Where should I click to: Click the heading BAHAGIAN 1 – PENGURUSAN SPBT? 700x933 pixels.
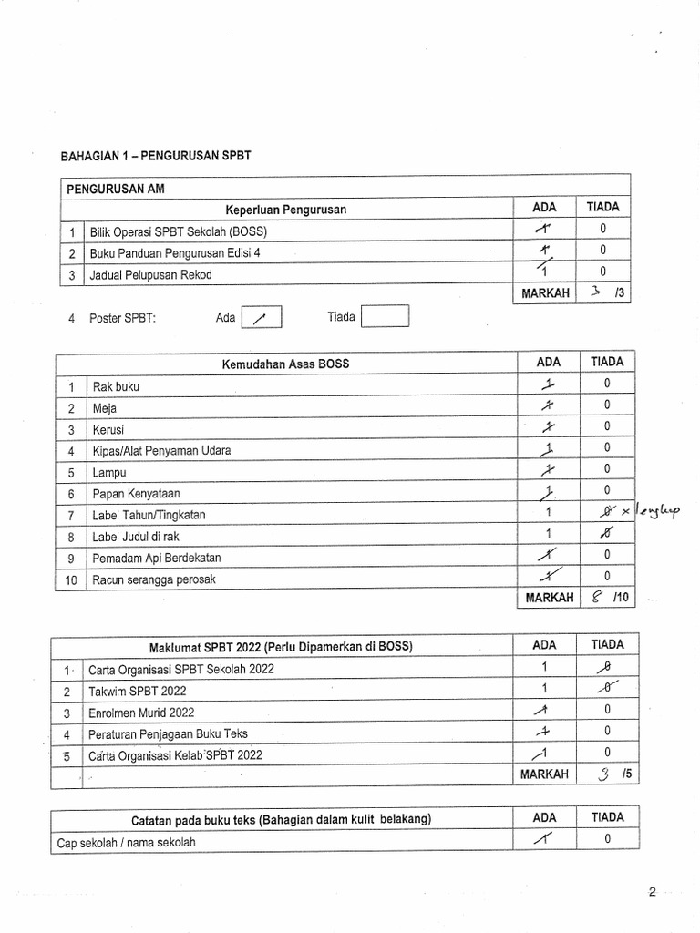[x=155, y=156]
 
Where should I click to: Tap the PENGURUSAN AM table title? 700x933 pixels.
[x=115, y=189]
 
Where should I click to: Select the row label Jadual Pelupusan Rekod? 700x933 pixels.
[x=150, y=274]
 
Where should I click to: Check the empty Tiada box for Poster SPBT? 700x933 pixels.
[x=385, y=317]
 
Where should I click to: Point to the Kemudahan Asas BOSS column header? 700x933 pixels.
[x=285, y=364]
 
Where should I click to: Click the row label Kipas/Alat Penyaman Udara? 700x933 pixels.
[x=161, y=450]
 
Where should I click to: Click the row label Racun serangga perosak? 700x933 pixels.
[x=154, y=579]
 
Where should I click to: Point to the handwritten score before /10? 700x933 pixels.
[x=596, y=598]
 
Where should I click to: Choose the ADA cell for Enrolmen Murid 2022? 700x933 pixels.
[x=543, y=712]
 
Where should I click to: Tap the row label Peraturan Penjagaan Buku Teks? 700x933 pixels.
[x=168, y=733]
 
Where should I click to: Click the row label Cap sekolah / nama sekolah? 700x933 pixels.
[x=126, y=842]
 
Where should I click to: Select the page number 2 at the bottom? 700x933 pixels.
[x=652, y=892]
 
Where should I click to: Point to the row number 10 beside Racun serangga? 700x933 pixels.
[x=71, y=579]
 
